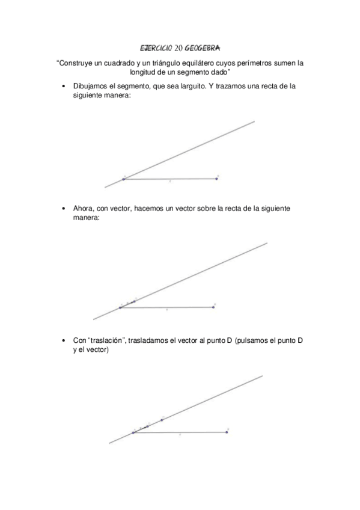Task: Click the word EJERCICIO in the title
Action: (x=156, y=46)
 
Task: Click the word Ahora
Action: (x=83, y=209)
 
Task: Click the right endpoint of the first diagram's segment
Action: (x=216, y=178)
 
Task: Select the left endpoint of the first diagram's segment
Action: (x=124, y=179)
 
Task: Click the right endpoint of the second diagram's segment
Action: (x=213, y=307)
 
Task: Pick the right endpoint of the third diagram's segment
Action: (x=227, y=431)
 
